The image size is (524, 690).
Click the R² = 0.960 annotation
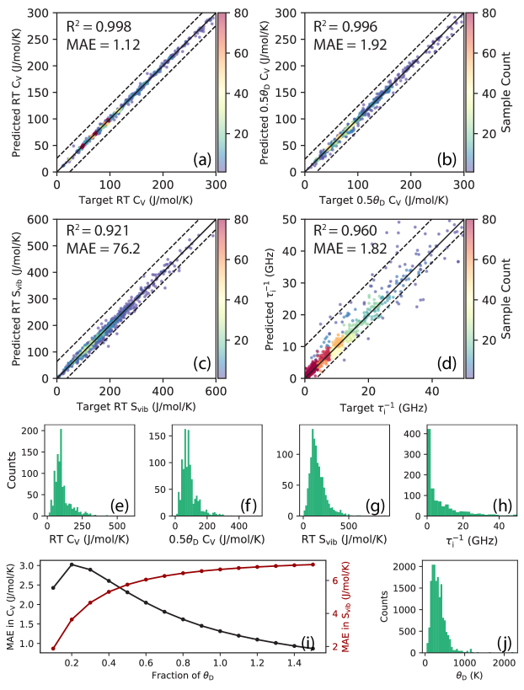click(x=351, y=228)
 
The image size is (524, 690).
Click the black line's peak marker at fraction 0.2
click(x=72, y=564)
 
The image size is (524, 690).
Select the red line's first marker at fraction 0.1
click(x=53, y=648)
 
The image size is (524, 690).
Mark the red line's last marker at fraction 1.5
click(x=313, y=564)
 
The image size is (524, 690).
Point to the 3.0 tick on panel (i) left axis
click(x=33, y=565)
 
